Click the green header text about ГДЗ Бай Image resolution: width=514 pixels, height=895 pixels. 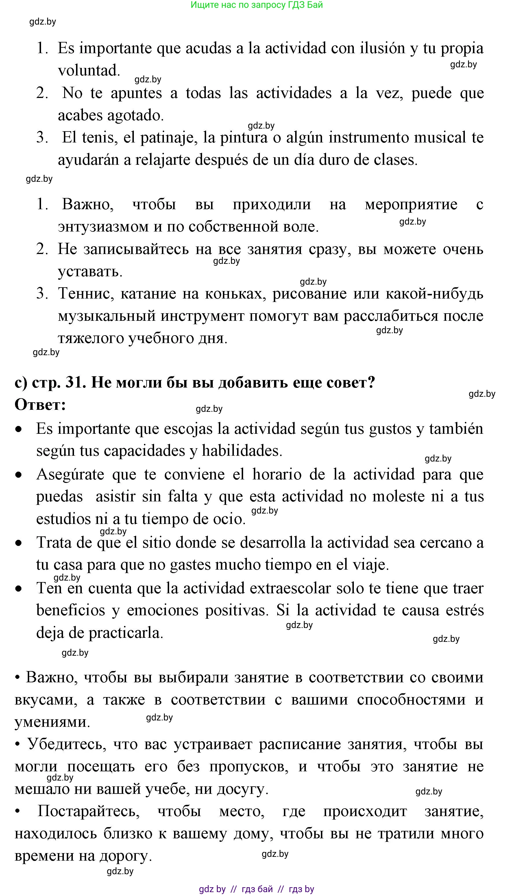[x=257, y=5]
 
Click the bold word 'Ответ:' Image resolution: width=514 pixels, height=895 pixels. [x=40, y=405]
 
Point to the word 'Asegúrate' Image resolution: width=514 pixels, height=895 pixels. [x=70, y=475]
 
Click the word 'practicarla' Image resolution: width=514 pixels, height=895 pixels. [x=126, y=633]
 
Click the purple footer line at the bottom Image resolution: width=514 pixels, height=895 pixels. [x=257, y=889]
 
